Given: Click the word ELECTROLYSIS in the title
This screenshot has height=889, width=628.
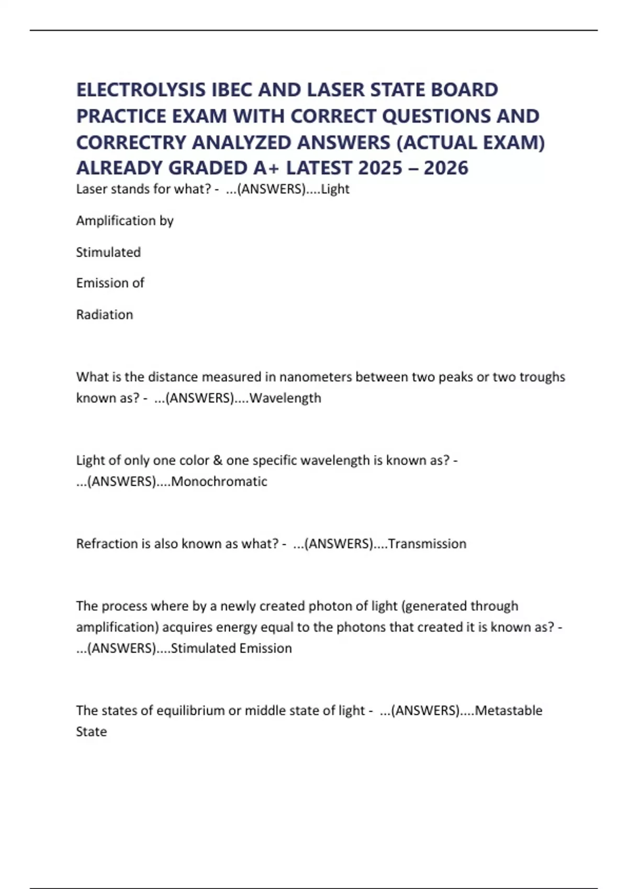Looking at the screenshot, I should [x=141, y=90].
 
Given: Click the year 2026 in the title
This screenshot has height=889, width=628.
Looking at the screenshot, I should [x=446, y=168].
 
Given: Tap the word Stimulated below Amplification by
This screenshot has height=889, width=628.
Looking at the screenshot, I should [x=108, y=252].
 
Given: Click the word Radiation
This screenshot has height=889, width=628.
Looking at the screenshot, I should [x=105, y=314].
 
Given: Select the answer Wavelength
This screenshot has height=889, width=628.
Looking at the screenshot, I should [x=285, y=398].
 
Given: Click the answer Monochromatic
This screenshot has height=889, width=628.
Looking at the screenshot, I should [x=219, y=481].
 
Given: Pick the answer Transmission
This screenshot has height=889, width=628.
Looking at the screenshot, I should [x=427, y=544].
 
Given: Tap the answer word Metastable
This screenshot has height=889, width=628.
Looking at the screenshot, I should [x=508, y=711].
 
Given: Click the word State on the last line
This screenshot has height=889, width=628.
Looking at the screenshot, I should [x=92, y=732].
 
